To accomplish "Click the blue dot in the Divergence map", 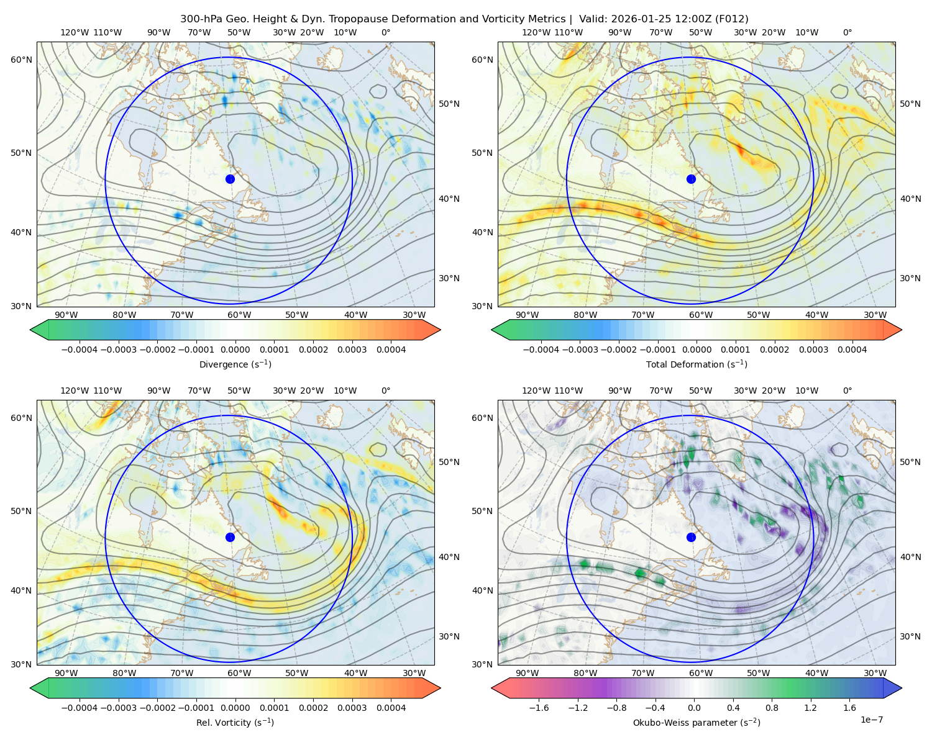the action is click(230, 179).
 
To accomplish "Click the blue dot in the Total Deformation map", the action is click(691, 179).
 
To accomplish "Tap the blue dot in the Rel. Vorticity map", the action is click(230, 537).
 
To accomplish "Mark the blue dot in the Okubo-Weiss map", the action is click(691, 537).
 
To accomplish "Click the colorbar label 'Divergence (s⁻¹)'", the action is click(235, 364).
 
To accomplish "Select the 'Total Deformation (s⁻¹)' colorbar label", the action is click(697, 364).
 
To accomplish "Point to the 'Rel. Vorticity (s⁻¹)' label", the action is click(235, 722).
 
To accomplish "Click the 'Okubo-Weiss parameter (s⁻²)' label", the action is click(697, 722).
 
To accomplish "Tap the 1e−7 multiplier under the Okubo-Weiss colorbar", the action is click(871, 720).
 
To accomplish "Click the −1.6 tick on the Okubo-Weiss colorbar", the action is click(539, 707).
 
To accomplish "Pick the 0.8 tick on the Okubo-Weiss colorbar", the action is click(772, 707).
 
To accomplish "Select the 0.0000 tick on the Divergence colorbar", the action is click(235, 350).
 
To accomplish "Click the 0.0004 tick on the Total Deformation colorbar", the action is click(852, 350).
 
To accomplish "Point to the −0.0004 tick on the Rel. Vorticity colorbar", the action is click(80, 707).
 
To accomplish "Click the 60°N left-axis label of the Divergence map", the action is click(21, 60).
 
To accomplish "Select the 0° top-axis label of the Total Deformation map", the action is click(847, 32).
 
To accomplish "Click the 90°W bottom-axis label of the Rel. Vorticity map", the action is click(66, 673).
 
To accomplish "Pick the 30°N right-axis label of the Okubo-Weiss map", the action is click(910, 636).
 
